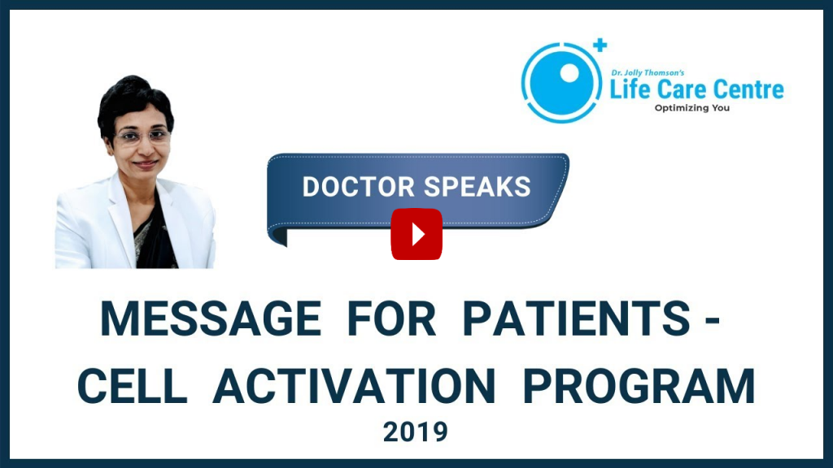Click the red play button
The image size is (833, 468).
point(416,234)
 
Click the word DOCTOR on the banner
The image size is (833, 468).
point(359,187)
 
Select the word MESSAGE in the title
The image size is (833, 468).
point(211,318)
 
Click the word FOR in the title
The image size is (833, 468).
point(391,318)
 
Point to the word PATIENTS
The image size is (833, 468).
point(577,318)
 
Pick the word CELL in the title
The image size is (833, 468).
point(133,386)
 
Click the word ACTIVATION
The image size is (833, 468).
point(355,386)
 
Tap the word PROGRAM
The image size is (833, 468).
point(639,386)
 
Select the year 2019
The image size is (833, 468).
point(416,432)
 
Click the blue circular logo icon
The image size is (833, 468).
point(561,83)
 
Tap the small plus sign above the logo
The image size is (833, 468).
point(600,45)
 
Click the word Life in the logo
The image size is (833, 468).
point(630,89)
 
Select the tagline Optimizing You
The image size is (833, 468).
point(691,108)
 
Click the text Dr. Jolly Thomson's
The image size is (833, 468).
point(648,72)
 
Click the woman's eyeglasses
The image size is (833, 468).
point(142,136)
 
